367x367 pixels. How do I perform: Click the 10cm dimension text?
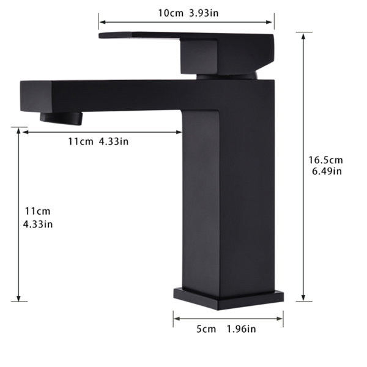171,13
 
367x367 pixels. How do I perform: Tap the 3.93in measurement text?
204,13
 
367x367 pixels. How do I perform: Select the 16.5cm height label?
325,160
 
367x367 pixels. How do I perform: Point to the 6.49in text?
327,171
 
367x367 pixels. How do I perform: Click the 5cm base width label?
206,329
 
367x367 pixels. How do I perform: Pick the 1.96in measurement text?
242,329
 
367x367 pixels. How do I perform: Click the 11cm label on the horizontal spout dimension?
81,142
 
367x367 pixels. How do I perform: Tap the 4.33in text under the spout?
114,142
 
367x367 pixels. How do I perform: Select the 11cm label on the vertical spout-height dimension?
38,212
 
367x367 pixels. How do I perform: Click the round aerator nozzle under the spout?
61,118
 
